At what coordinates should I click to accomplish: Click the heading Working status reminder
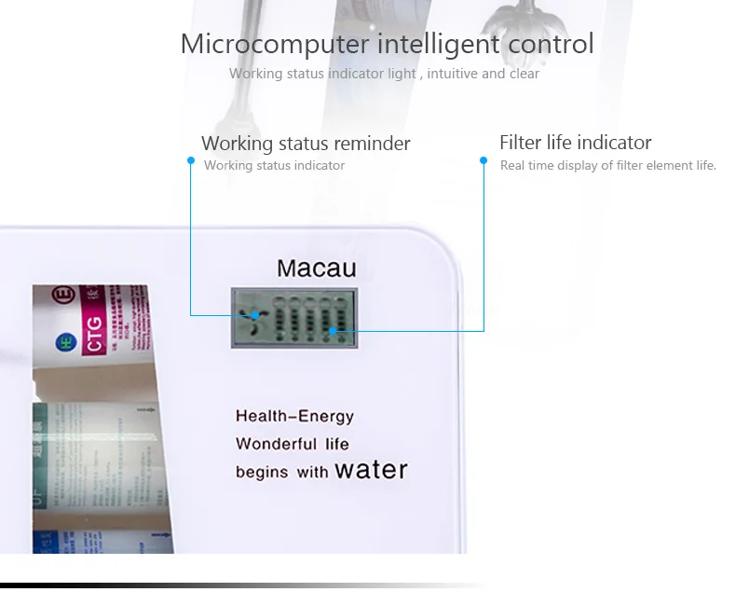(306, 144)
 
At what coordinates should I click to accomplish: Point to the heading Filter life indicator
(575, 143)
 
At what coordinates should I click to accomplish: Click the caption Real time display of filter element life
(607, 166)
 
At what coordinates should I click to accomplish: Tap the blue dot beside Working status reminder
(190, 160)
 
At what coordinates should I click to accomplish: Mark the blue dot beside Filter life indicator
(484, 160)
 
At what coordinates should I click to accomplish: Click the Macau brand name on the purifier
(317, 269)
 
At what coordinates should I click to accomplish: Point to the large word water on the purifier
(371, 468)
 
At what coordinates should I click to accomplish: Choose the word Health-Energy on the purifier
(294, 417)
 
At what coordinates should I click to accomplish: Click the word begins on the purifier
(263, 472)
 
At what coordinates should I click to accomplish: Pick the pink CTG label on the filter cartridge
(93, 340)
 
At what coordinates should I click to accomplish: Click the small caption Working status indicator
(274, 166)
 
